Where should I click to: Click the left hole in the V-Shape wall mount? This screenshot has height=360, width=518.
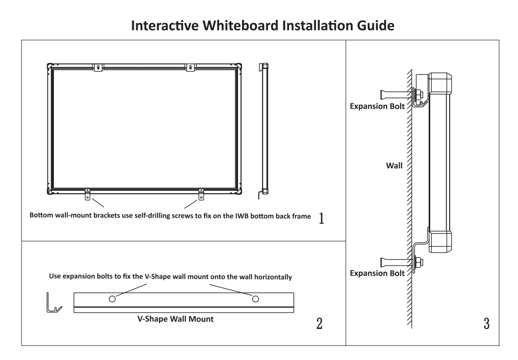(x=113, y=299)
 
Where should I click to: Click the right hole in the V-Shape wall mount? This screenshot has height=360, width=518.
(x=256, y=299)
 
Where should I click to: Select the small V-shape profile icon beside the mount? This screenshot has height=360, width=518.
(x=52, y=303)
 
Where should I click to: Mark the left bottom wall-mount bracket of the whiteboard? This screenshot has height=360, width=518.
(x=88, y=195)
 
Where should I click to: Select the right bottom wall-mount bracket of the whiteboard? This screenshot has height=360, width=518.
(x=201, y=195)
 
